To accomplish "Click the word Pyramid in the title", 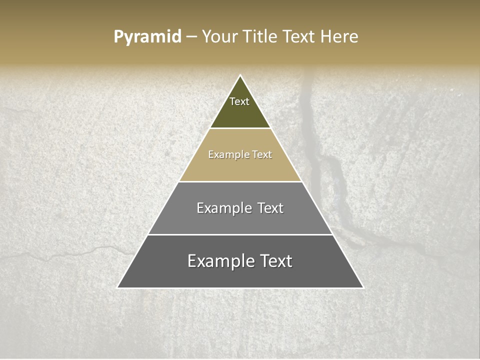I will click(147, 37).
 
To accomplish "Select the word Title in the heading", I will click(259, 37).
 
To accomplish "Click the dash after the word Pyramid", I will click(191, 37).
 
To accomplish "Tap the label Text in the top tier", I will click(239, 101).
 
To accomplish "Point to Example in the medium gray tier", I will click(223, 208).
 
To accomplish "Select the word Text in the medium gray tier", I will click(270, 208).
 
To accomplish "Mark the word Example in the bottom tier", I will click(220, 261).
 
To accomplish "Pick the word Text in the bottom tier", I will click(276, 261).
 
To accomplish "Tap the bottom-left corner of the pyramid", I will click(118, 287).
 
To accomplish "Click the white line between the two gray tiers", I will click(240, 234).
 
